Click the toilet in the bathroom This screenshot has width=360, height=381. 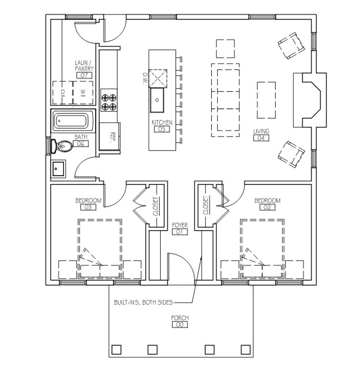click(62, 146)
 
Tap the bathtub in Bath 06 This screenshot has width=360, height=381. click(73, 120)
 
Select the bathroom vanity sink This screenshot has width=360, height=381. click(58, 168)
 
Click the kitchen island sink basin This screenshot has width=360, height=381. click(157, 100)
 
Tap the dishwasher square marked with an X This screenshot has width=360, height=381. click(158, 78)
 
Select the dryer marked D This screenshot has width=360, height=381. click(63, 92)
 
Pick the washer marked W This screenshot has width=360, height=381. click(83, 92)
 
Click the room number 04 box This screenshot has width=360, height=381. click(261, 138)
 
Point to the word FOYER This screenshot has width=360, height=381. click(180, 225)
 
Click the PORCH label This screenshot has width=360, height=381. click(180, 318)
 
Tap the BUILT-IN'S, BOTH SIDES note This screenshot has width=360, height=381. click(143, 303)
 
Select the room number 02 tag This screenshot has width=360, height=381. click(267, 207)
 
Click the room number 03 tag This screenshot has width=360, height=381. click(88, 207)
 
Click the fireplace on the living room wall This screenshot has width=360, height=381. click(310, 100)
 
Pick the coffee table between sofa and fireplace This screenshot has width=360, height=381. click(266, 100)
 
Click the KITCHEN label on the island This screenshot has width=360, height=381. click(162, 122)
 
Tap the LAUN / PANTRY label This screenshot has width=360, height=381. click(84, 66)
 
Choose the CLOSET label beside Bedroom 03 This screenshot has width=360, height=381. click(155, 207)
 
